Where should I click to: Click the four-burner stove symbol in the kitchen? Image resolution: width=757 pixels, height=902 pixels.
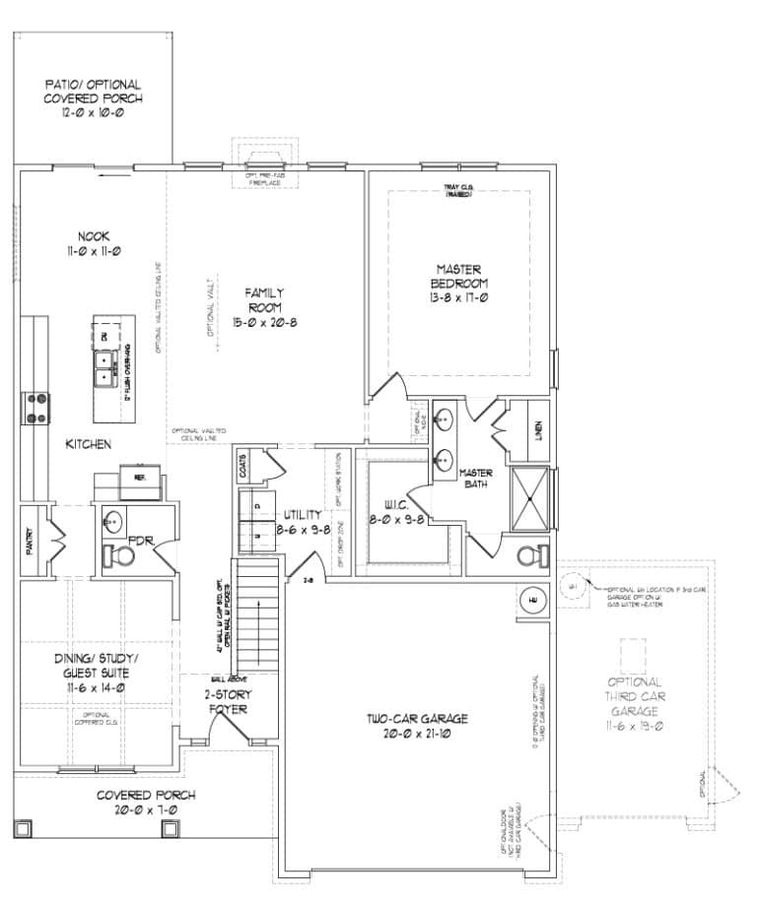(x=37, y=408)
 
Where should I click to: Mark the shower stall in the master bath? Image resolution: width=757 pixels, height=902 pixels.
(x=531, y=499)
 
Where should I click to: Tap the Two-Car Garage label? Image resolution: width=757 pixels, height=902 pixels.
(x=413, y=725)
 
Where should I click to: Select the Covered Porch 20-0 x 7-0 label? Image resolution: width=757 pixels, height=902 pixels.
(x=145, y=801)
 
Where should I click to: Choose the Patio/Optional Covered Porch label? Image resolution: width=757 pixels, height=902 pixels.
(x=93, y=98)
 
